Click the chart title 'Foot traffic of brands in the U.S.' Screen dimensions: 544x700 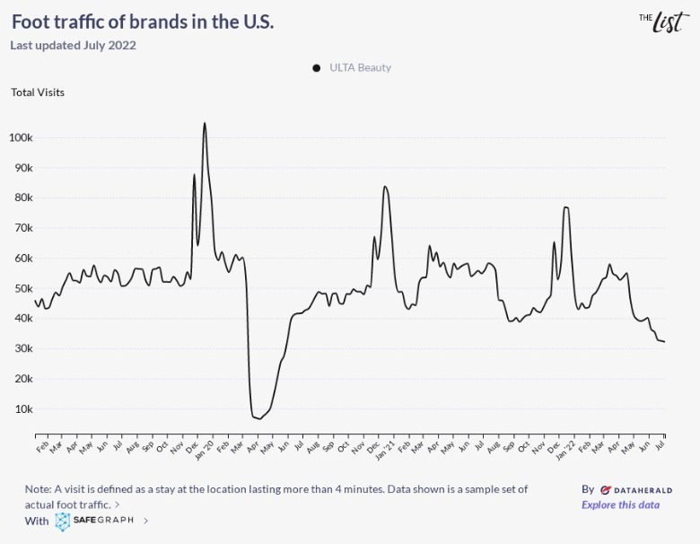click(x=143, y=22)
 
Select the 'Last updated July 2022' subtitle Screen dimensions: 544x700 click(x=73, y=46)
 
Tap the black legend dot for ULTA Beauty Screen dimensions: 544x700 click(x=317, y=68)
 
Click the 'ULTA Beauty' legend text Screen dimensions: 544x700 click(x=361, y=68)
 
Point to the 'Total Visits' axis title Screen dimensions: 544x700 click(x=38, y=92)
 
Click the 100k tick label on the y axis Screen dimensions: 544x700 click(x=21, y=138)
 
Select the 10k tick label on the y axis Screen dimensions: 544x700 click(x=23, y=409)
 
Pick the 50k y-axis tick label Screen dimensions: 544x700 click(x=22, y=289)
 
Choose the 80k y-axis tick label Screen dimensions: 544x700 click(x=22, y=198)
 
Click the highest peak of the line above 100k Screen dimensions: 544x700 click(x=205, y=124)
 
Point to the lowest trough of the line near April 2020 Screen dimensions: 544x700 click(x=259, y=418)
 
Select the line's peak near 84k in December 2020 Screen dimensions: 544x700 click(x=385, y=187)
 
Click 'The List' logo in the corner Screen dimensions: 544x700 click(x=664, y=21)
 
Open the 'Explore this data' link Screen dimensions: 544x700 click(x=620, y=505)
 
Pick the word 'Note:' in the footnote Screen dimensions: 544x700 click(x=39, y=489)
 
